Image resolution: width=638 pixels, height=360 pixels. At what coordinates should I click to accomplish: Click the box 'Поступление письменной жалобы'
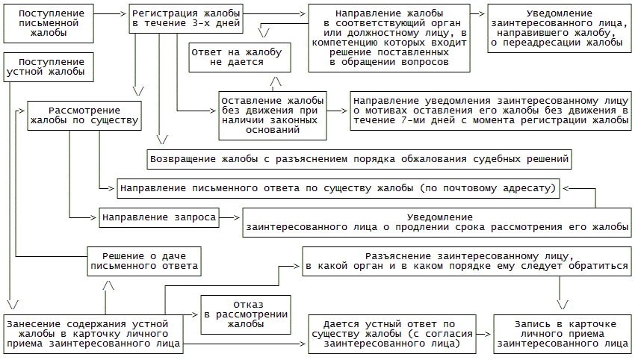pos(49,23)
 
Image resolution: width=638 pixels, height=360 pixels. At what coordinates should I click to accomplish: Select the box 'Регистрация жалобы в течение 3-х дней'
pos(185,19)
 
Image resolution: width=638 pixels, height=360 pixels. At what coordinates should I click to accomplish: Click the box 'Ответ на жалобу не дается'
pos(237,58)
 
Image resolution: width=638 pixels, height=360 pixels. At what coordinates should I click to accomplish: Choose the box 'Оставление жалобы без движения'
pos(273,114)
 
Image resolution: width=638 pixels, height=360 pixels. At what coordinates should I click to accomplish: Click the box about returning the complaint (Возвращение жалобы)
pos(360,159)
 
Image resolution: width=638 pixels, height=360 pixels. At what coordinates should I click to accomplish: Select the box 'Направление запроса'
pos(158,218)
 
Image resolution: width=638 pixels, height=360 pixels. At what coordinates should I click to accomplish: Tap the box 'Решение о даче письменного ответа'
pos(143,259)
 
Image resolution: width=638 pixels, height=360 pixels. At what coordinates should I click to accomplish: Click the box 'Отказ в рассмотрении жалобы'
pos(245,314)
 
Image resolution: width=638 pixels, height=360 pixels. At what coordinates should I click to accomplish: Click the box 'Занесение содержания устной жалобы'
pos(93,334)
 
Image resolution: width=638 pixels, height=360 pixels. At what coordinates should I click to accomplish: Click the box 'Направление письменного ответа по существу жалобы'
pos(337,187)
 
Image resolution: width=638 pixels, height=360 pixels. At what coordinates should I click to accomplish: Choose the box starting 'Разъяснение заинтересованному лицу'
pos(466,260)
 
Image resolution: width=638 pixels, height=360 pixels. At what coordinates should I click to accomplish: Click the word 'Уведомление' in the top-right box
pos(559,13)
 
